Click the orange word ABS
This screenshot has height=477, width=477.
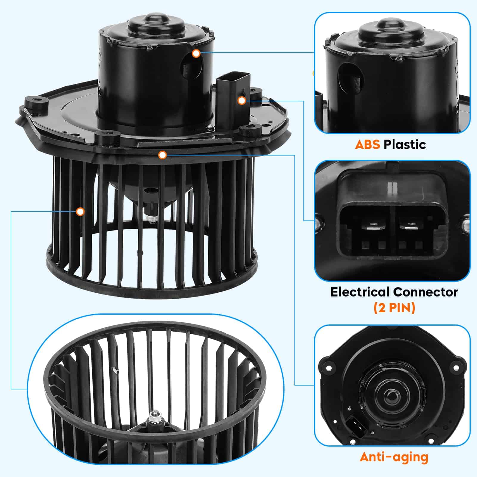(367, 145)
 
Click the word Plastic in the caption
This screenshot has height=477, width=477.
(405, 145)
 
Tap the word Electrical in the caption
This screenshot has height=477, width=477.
(361, 292)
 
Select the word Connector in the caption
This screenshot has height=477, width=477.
(426, 292)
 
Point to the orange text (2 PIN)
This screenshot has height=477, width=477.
(394, 308)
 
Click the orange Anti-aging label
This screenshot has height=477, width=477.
(394, 457)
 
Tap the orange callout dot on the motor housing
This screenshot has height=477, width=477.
(196, 54)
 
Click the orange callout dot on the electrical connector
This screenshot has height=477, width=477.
(242, 101)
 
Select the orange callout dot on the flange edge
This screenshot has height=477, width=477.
(162, 155)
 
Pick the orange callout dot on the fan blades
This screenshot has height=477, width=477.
(80, 212)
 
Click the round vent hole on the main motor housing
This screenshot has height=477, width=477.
(192, 66)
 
